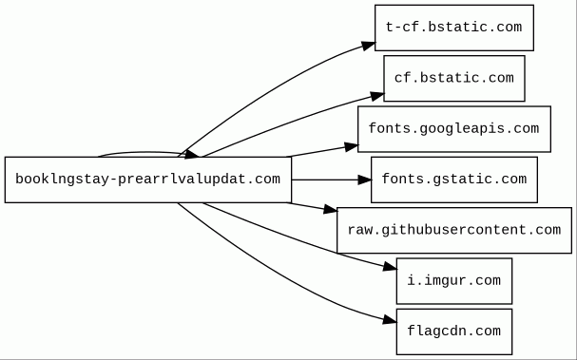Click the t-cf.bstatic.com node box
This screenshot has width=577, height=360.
454,28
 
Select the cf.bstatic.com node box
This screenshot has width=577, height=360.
454,78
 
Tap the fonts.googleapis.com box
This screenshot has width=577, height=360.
454,129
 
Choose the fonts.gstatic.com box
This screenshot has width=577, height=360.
454,180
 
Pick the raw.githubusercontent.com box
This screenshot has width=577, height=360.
454,230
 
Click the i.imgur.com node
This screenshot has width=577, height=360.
454,281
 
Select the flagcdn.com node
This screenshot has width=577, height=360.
454,332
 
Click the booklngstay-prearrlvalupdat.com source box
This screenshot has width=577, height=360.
148,180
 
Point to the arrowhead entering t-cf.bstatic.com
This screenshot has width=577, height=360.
368,46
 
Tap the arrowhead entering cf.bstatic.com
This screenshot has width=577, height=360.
377,96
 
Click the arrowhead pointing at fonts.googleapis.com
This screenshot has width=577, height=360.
352,147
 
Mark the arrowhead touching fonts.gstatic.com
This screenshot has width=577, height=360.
365,180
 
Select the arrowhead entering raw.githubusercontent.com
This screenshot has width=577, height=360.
331,210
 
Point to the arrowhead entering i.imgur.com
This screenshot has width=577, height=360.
390,267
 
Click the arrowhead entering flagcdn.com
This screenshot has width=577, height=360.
390,319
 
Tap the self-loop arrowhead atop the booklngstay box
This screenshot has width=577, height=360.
192,155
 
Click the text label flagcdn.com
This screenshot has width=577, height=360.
454,332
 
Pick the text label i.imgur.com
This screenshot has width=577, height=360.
454,280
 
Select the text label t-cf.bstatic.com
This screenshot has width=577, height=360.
454,27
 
